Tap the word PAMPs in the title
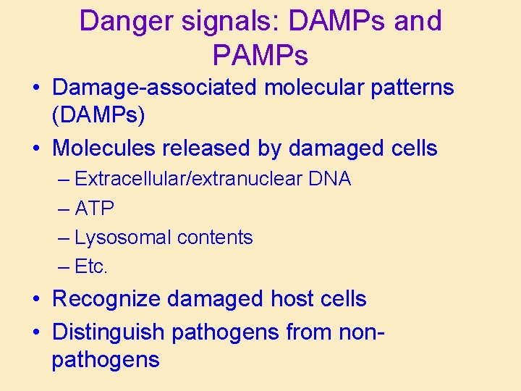(260, 55)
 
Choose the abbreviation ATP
(95, 209)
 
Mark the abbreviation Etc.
(91, 266)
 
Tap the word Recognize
(109, 298)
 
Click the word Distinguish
(109, 332)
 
